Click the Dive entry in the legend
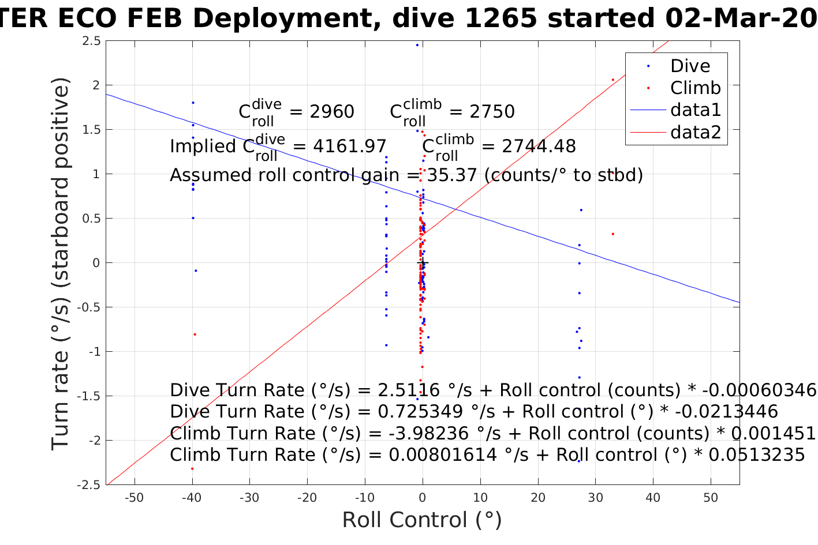click(690, 66)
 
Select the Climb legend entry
click(695, 88)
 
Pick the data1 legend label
click(695, 110)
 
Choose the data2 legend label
click(695, 132)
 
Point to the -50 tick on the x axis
click(134, 498)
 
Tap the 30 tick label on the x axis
click(595, 498)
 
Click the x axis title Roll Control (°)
click(422, 520)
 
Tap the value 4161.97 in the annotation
click(349, 146)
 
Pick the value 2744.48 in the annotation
click(539, 146)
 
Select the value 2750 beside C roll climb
click(492, 111)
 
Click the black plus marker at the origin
click(423, 263)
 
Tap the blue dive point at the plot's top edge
click(417, 45)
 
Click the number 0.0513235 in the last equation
click(756, 455)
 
